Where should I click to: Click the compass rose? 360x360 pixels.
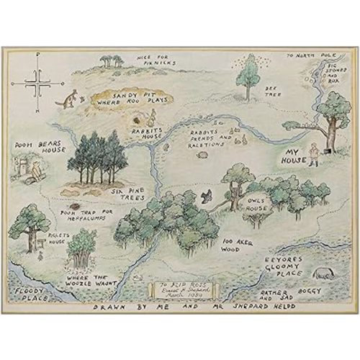pyautogui.click(x=36, y=88)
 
